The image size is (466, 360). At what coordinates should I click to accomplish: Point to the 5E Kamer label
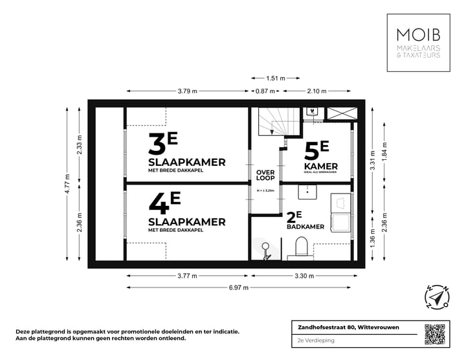[316, 157]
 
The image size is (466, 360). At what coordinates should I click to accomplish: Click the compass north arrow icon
[438, 297]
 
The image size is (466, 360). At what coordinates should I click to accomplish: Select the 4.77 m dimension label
[67, 184]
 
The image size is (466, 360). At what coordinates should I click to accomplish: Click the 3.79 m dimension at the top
[188, 91]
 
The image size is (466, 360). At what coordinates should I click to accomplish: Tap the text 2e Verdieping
[305, 340]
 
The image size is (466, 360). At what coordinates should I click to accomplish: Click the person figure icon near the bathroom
[265, 251]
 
